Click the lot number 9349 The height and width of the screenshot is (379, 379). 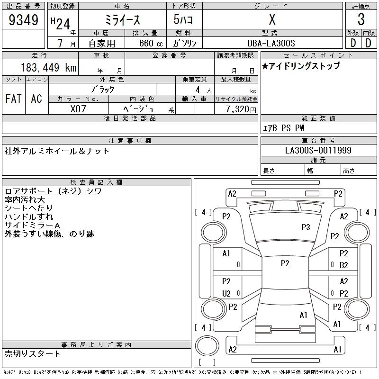pos(24,20)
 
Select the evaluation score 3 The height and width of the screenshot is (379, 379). pos(361,20)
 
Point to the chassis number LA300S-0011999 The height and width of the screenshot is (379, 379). pos(318,150)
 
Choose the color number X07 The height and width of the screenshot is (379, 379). pos(78,108)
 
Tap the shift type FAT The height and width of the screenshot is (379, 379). pos(13,99)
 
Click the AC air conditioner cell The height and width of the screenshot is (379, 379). pos(36,99)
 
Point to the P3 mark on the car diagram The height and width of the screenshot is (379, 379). pos(306,227)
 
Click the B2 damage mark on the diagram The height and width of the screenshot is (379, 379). pos(344,265)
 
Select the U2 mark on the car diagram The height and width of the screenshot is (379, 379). pos(226,294)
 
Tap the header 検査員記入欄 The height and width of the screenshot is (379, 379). pos(97,182)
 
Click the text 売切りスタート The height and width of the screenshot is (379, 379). pos(32,353)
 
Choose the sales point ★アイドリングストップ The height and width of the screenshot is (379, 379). pos(301,66)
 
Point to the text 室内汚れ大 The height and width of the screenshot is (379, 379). pos(25,199)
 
